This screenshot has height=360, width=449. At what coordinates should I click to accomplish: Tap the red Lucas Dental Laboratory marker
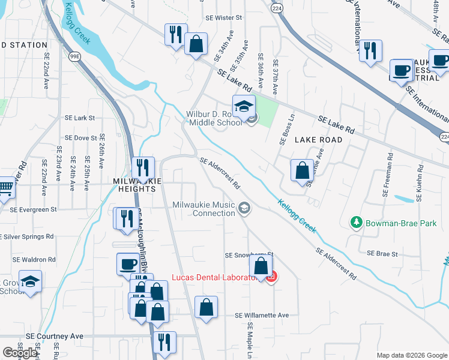(271, 277)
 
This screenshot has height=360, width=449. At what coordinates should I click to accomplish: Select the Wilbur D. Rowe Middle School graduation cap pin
(244, 107)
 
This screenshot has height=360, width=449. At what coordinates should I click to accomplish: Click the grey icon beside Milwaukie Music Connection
(244, 209)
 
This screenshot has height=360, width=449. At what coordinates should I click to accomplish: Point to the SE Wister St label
(222, 18)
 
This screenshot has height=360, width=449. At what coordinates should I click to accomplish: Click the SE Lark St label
(79, 118)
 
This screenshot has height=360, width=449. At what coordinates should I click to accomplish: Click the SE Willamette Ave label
(262, 315)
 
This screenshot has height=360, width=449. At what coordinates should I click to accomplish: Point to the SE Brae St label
(382, 254)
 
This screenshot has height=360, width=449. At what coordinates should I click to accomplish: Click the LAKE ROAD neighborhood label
(318, 140)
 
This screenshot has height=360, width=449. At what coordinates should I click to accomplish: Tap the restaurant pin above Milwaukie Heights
(143, 167)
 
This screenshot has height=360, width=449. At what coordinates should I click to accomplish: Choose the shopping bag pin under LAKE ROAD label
(301, 170)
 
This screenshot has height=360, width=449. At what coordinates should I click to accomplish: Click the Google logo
(20, 353)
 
